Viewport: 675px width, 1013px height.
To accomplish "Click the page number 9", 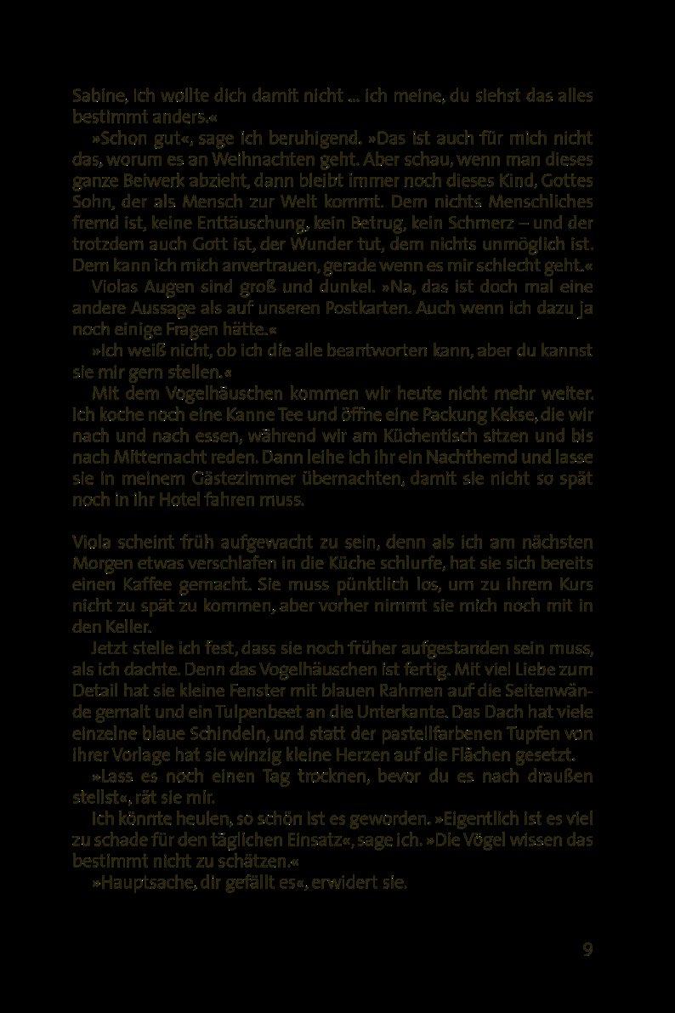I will click(587, 949).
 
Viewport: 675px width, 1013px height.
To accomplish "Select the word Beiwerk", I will click(144, 181).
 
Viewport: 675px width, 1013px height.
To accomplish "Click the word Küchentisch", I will click(423, 436).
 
